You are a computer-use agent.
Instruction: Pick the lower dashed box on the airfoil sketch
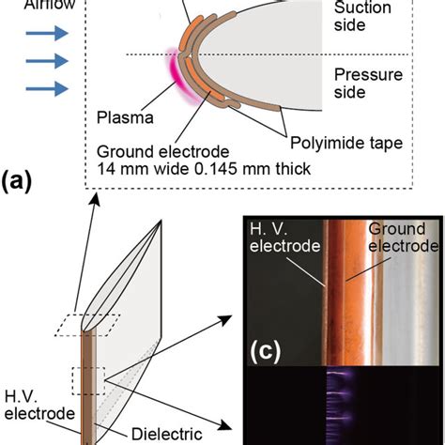coord(86,383)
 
